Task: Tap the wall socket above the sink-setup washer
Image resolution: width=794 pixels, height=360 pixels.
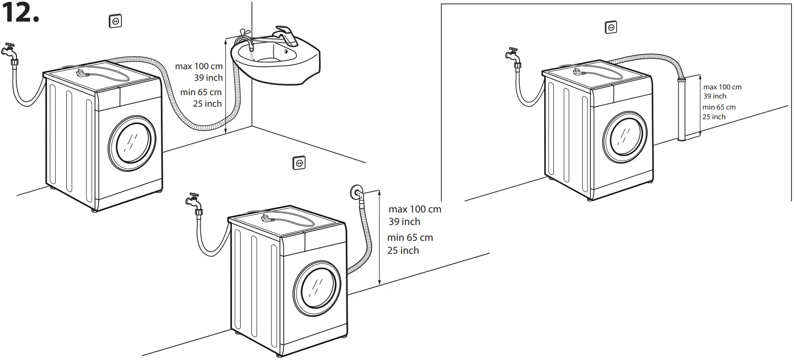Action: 115,21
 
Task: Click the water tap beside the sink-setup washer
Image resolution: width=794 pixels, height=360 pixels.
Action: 10,52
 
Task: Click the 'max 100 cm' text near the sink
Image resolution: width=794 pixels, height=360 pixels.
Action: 199,66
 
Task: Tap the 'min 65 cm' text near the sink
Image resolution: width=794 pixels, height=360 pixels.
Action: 201,92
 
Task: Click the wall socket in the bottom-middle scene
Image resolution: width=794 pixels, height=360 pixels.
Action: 299,163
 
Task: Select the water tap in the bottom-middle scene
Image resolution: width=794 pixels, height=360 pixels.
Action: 195,202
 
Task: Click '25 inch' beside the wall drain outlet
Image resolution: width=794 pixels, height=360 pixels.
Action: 403,250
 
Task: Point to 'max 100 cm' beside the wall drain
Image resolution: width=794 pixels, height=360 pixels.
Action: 415,209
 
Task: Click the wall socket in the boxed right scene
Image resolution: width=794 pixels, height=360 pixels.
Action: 611,27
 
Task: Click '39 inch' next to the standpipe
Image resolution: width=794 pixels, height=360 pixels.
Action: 715,96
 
